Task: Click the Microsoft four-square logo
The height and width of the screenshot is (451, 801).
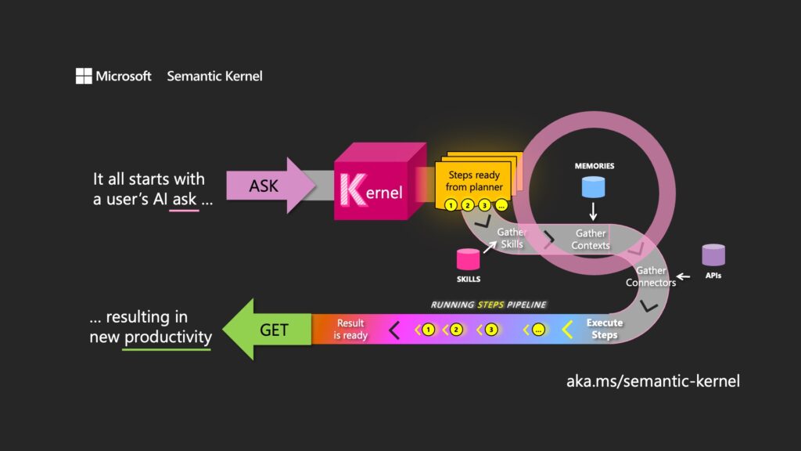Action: pyautogui.click(x=84, y=76)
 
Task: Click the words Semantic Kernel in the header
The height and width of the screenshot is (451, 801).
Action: pyautogui.click(x=214, y=76)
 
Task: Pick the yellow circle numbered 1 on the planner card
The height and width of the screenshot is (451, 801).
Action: pyautogui.click(x=450, y=206)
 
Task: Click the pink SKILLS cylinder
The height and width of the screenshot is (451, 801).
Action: pyautogui.click(x=469, y=260)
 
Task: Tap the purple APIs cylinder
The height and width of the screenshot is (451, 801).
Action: pyautogui.click(x=713, y=254)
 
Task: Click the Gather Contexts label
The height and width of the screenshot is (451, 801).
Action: pyautogui.click(x=591, y=240)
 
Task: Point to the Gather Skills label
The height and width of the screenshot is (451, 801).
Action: pyautogui.click(x=512, y=238)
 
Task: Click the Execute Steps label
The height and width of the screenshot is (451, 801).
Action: pyautogui.click(x=605, y=329)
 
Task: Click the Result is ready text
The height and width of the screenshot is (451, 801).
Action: pyautogui.click(x=350, y=330)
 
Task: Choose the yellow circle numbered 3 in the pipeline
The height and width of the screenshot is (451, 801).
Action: pyautogui.click(x=490, y=330)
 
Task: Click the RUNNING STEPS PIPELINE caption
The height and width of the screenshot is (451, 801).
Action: pyautogui.click(x=489, y=304)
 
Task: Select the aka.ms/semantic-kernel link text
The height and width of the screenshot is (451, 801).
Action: pyautogui.click(x=652, y=381)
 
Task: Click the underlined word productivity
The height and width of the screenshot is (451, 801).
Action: pyautogui.click(x=167, y=337)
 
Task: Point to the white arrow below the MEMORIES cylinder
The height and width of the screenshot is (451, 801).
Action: pyautogui.click(x=593, y=211)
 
